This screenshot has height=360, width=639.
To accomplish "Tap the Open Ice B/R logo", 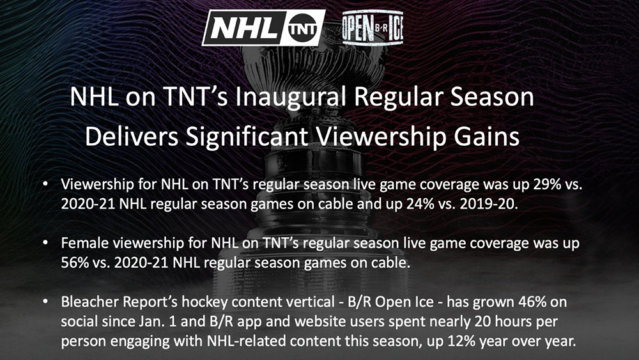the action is coord(373,27).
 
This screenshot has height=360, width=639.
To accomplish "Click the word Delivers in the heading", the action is coord(132,137).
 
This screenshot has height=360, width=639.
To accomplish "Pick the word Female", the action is coord(85,243).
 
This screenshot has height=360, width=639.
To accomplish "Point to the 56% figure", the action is coord(75,263).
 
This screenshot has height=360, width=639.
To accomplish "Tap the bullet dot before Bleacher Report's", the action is coord(45,302).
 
